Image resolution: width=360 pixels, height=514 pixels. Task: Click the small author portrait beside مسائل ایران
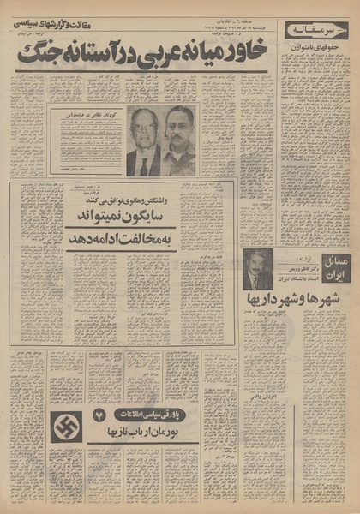pos(256,269)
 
